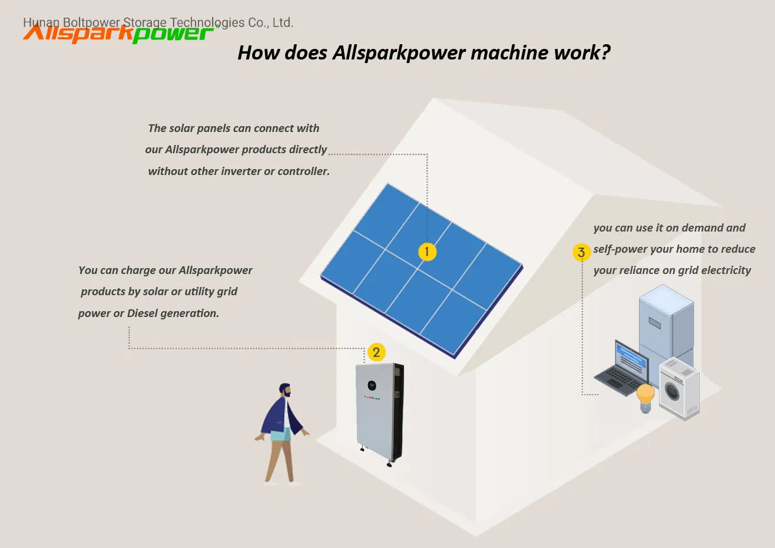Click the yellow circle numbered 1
(x=427, y=252)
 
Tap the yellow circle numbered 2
(x=376, y=352)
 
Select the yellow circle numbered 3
(x=581, y=252)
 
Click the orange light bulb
(x=645, y=398)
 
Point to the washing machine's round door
(x=673, y=391)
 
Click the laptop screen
(x=631, y=360)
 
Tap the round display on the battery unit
(x=372, y=385)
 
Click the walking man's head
(x=286, y=390)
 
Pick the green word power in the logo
(x=173, y=34)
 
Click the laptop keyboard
(x=620, y=380)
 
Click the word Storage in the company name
(x=145, y=22)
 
